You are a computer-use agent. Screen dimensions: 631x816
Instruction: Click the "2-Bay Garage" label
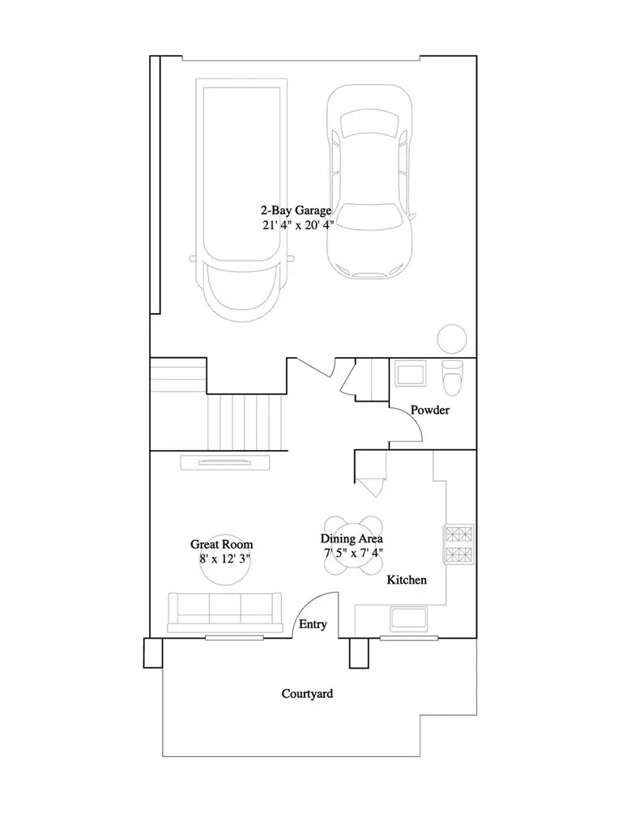pos(296,210)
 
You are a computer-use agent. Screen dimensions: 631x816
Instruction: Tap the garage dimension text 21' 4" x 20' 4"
pos(297,225)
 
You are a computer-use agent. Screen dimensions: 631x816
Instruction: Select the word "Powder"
pos(429,410)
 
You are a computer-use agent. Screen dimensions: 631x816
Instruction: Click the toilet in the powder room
pos(451,378)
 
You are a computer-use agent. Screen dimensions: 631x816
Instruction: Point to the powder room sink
pos(410,373)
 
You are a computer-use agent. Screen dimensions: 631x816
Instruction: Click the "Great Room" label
pos(221,544)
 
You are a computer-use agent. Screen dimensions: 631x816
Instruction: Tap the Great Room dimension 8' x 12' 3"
pos(225,559)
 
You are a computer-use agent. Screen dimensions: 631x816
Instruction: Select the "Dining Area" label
pos(352,538)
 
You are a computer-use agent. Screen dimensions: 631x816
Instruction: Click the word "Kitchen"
pos(407,580)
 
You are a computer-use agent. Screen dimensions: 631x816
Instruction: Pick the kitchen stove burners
pos(458,544)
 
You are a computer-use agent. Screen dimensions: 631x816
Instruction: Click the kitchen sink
pos(409,618)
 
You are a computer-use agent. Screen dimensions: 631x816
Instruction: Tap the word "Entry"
pos(313,624)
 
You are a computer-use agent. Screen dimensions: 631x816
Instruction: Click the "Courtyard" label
pos(307,694)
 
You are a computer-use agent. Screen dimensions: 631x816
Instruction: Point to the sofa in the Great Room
pos(225,613)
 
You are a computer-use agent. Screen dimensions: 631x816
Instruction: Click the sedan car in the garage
pos(369,181)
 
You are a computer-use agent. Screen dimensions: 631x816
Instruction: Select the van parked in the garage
pos(241,201)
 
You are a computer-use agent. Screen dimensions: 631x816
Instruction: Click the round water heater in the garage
pos(451,339)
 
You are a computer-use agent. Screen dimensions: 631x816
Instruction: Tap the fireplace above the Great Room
pos(225,462)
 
